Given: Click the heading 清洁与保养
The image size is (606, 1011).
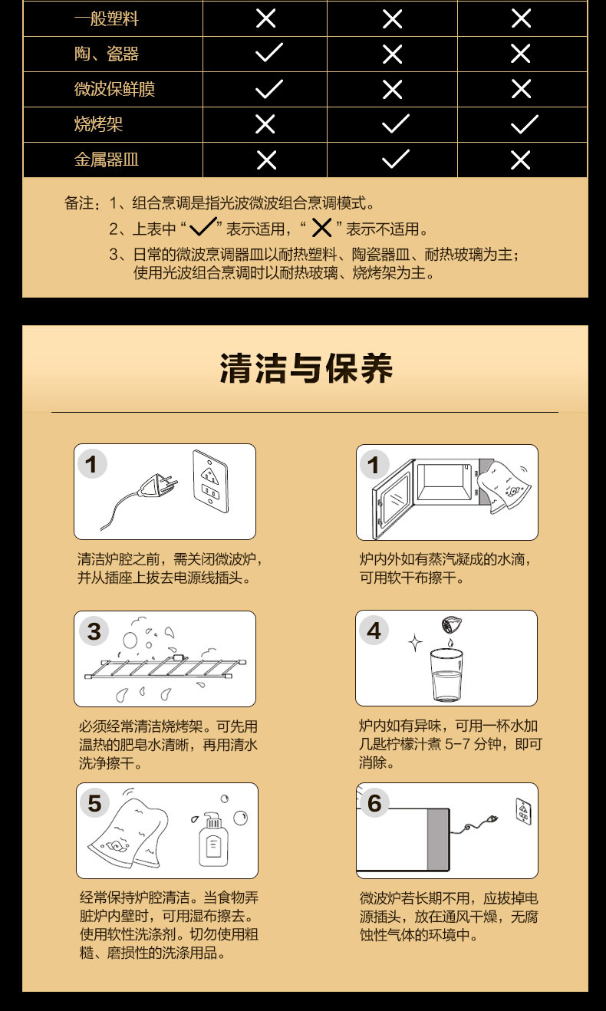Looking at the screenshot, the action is [306, 368].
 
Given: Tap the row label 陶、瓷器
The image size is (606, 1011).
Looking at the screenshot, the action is [107, 54].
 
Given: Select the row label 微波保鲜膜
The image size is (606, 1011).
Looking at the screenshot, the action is [114, 89].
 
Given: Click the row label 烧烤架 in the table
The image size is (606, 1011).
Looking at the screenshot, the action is [98, 124].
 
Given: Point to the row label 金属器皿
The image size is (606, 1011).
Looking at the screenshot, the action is [107, 160].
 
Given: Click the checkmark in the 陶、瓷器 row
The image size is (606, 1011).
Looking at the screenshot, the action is [269, 53].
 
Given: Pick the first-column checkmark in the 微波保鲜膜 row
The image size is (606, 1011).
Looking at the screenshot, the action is [269, 88].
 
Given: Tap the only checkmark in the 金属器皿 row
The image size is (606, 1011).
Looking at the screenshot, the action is [396, 159].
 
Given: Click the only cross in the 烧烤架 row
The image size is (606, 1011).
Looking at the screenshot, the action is [265, 124].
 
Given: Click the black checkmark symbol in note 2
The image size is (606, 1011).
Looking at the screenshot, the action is [203, 227].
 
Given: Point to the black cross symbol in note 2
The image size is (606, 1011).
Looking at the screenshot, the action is [321, 228].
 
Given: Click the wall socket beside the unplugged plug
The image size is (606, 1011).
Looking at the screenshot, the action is [211, 481].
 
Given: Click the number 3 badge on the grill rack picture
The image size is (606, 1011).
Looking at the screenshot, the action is [94, 631].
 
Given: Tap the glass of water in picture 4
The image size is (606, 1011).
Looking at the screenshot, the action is [446, 675].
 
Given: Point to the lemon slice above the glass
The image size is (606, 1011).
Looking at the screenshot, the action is [452, 625].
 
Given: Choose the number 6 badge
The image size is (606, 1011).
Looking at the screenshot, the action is [374, 803].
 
